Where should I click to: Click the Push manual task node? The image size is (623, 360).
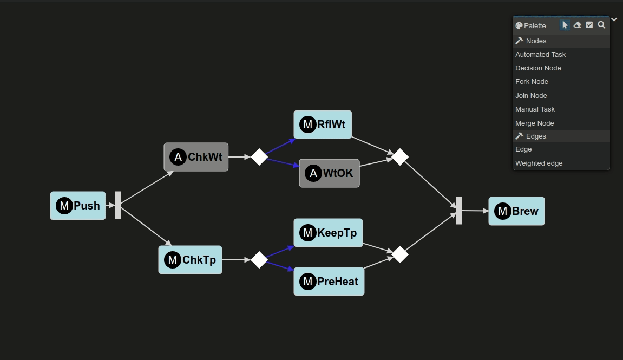(78, 206)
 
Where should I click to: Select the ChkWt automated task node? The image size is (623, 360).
(196, 157)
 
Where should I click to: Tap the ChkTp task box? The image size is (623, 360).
(190, 260)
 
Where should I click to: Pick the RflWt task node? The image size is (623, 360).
(323, 125)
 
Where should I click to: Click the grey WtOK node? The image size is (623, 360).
(329, 173)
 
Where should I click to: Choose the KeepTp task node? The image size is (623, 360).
(328, 233)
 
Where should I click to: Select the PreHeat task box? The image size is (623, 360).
(329, 282)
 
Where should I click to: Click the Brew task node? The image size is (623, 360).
(516, 211)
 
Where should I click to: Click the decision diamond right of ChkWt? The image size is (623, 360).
(259, 157)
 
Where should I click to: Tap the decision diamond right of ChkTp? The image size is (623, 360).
(259, 260)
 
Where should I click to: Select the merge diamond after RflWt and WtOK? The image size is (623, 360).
(399, 157)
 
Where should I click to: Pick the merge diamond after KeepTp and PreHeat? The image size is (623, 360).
(399, 254)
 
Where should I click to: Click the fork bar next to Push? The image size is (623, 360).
(118, 205)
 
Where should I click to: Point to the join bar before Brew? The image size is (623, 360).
(459, 211)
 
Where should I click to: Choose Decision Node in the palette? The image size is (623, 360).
(538, 68)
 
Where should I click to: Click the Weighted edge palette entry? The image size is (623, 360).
(539, 163)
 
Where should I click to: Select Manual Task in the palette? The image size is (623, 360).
(535, 109)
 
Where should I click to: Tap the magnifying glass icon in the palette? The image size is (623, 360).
(601, 25)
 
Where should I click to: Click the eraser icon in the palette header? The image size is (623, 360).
(578, 25)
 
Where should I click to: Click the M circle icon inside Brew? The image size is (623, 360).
(503, 211)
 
